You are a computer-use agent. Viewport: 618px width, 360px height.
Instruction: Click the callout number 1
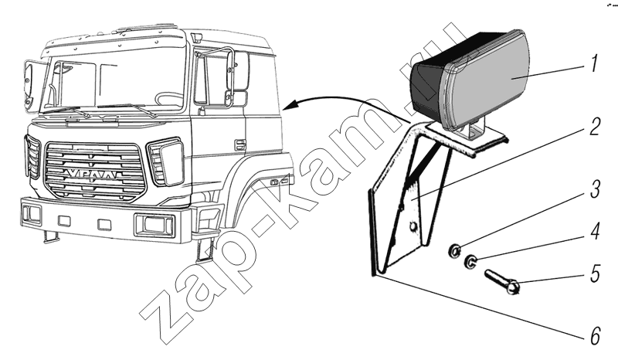click(595, 63)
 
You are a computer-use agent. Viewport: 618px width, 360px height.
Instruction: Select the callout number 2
click(595, 127)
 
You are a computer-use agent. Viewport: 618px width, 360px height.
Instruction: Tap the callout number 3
click(595, 190)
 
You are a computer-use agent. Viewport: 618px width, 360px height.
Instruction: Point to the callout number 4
click(595, 232)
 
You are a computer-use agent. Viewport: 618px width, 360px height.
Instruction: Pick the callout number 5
click(595, 273)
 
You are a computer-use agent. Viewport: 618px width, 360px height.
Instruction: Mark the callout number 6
click(595, 336)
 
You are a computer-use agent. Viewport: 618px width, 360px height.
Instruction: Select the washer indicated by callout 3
click(454, 250)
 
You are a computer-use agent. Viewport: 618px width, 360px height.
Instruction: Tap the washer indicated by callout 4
click(470, 261)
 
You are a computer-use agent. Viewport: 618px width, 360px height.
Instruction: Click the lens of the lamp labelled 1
click(490, 79)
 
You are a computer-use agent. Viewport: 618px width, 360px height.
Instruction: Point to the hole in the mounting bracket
click(413, 226)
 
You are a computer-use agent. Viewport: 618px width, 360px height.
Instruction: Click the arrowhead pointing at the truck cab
click(290, 105)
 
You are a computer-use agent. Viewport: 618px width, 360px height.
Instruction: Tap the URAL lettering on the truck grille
click(93, 175)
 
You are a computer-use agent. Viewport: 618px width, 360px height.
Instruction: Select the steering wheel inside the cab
click(169, 98)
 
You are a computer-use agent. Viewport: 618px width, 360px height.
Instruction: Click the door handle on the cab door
click(240, 145)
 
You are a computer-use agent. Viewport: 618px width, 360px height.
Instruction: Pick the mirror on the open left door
click(29, 84)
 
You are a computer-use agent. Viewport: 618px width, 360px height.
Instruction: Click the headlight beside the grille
click(167, 161)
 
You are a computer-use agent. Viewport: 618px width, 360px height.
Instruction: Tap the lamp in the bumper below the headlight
click(154, 225)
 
